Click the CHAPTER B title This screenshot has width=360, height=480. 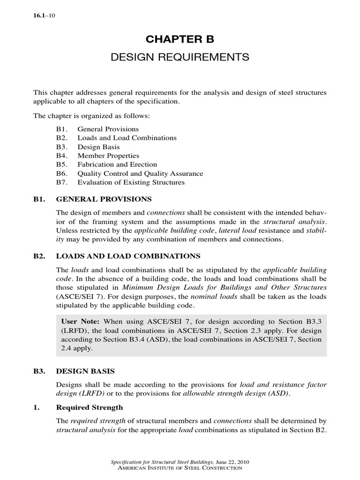pos(180,38)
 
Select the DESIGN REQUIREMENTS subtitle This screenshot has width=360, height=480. pos(180,58)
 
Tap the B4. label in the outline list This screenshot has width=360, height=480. pos(60,156)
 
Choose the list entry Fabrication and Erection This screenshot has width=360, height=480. pos(117,165)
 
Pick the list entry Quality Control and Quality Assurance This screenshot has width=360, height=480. pos(140,173)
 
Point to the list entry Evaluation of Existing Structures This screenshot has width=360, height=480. pos(131,182)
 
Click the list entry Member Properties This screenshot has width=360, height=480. pos(108,156)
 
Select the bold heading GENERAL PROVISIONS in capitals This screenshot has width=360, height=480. pos(104,199)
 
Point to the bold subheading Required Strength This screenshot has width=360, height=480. pos(90,408)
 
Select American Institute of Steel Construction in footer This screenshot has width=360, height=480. pos(180,468)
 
